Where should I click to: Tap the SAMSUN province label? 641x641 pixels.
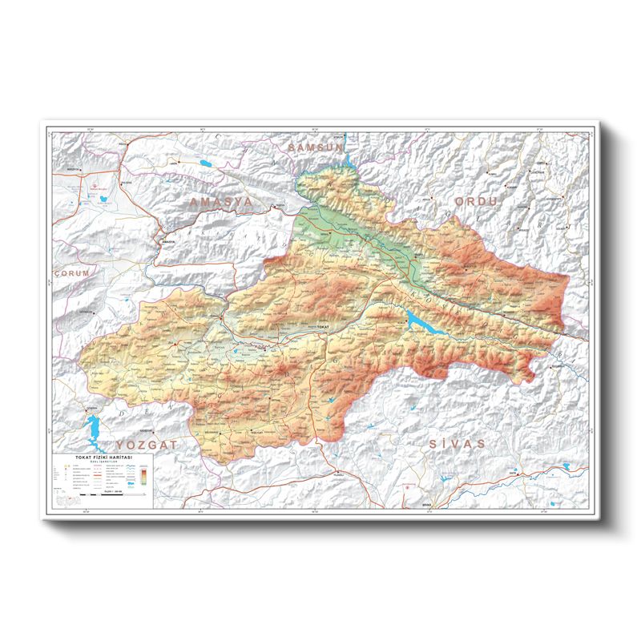pos(315,148)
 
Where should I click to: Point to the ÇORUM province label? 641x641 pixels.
pos(73,273)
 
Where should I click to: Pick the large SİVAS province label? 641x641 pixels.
pos(457,443)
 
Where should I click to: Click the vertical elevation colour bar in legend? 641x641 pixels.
pos(143,476)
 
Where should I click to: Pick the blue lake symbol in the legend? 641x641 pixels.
pos(131,484)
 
